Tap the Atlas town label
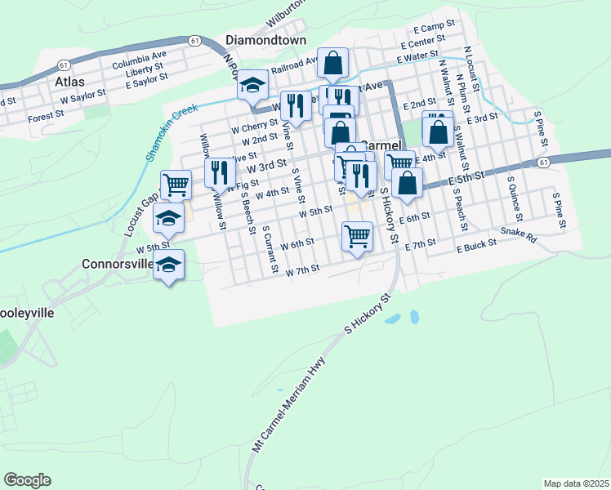[69, 82]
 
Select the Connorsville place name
[118, 264]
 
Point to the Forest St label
[46, 117]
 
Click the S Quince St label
[514, 197]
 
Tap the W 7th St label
[301, 269]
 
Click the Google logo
[27, 480]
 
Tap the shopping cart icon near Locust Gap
[176, 184]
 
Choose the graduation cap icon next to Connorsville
[169, 265]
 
